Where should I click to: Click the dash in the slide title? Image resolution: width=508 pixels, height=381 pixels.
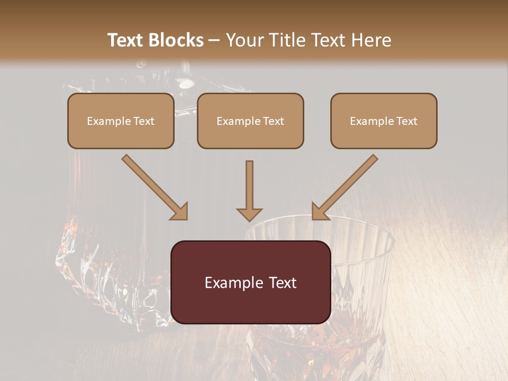215,40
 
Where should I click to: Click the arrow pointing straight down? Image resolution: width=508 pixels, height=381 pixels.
249,188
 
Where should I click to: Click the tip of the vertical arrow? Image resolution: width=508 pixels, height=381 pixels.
249,219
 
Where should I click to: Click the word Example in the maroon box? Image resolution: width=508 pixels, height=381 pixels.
230,283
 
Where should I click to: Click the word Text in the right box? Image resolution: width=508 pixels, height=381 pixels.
407,121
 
